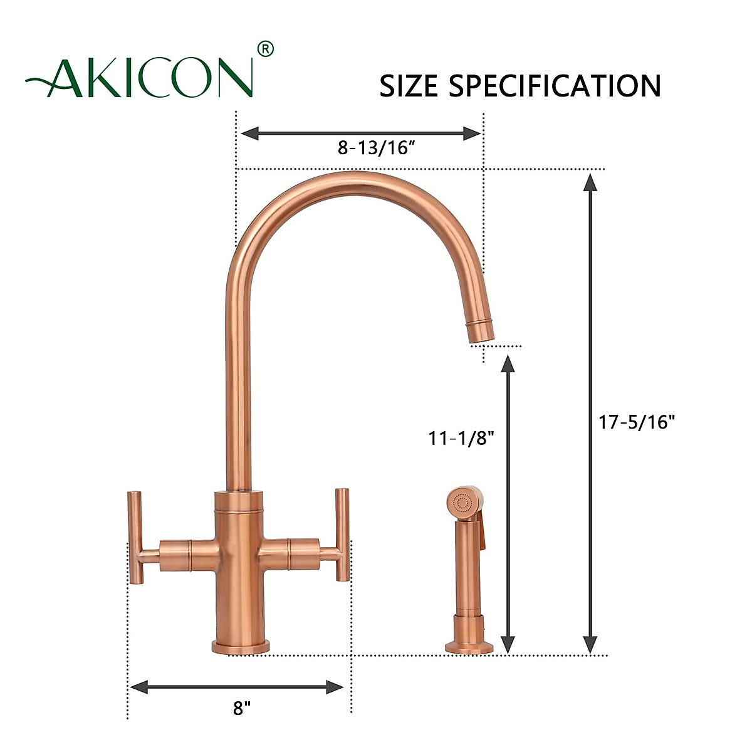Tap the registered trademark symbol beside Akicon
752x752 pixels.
click(x=266, y=49)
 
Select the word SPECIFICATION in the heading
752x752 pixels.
click(x=555, y=86)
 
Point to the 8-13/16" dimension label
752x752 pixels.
click(x=377, y=149)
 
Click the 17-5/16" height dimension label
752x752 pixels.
click(x=636, y=422)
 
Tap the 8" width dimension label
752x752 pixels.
click(x=241, y=709)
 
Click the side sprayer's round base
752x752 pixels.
click(x=469, y=646)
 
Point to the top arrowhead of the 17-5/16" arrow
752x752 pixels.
click(x=590, y=182)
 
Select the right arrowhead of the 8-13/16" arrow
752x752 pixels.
click(x=471, y=133)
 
